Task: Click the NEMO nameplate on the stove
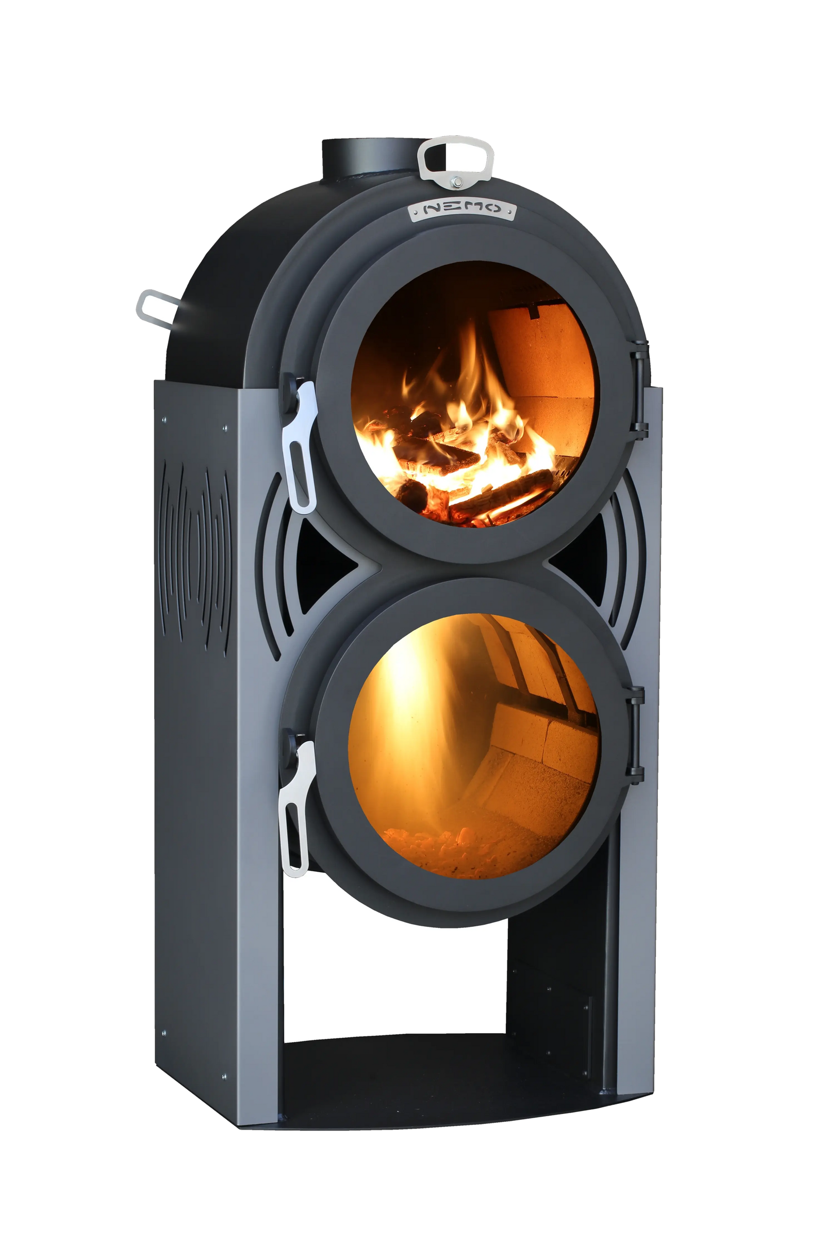coord(463,208)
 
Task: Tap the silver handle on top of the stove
coord(456,162)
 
